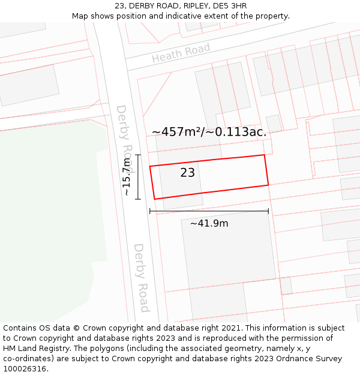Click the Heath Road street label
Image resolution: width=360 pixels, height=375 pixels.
point(181,53)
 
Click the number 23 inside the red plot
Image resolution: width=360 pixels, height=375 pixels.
point(187,173)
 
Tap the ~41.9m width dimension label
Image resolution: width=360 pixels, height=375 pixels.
point(209,223)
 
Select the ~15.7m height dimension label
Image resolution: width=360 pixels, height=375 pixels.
point(126,176)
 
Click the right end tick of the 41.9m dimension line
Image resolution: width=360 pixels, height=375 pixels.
point(268,211)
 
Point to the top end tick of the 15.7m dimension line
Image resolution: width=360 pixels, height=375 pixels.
point(138,155)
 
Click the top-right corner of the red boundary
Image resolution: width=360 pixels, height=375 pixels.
point(264,155)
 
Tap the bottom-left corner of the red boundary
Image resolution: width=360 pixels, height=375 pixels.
point(155,199)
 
